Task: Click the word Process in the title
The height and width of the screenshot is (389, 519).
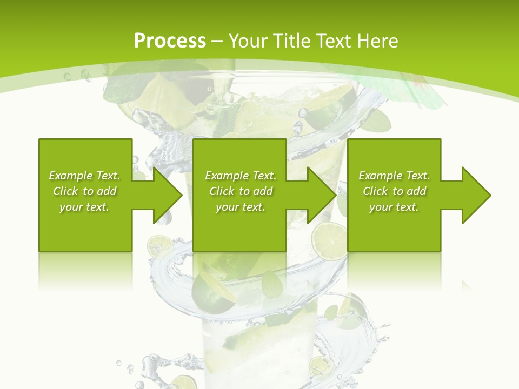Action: point(170,41)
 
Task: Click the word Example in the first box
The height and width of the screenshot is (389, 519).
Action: point(71,176)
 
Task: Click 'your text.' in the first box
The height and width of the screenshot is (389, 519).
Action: point(84,207)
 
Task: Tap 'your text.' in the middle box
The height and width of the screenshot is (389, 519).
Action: point(241,207)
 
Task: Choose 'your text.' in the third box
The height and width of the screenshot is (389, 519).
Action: point(394,207)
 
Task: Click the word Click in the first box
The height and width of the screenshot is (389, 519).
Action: point(65,191)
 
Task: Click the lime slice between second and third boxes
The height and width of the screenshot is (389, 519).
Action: point(329,239)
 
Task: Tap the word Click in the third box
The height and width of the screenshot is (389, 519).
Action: point(375,191)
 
